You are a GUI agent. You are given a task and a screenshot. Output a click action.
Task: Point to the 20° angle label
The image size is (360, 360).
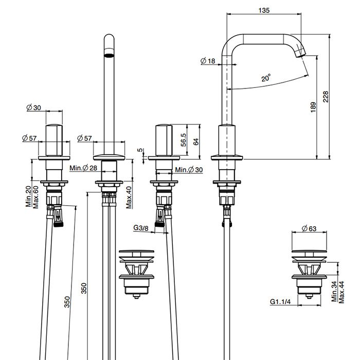coord(265,79)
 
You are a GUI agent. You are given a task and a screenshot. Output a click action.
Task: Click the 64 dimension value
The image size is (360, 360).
coord(195,141)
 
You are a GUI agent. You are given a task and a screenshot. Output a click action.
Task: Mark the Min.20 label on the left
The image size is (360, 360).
coord(29,197)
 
